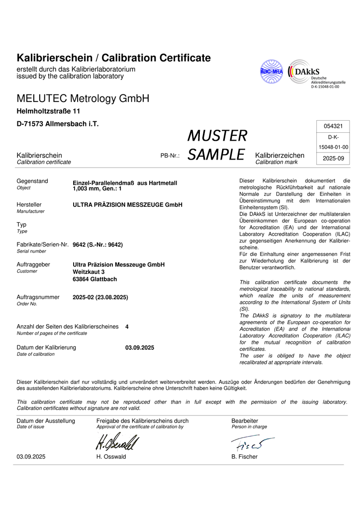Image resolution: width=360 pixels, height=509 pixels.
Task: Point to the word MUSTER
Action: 217,135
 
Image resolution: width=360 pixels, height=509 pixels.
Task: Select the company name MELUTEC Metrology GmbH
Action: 83,98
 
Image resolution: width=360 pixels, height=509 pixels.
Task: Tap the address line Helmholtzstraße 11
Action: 49,111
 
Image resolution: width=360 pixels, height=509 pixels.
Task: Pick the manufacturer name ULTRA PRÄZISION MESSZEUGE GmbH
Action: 127,205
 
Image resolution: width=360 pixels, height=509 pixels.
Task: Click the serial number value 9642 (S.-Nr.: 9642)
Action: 97,245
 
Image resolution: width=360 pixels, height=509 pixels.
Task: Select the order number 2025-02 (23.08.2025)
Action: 100,297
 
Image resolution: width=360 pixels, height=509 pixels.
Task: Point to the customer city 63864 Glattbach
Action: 95,279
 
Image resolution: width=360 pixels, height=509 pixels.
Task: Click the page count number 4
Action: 127,327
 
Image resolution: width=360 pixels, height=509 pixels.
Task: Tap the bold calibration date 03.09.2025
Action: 140,347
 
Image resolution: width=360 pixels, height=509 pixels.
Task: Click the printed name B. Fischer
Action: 244,457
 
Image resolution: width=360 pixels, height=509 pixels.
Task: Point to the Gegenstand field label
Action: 32,181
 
